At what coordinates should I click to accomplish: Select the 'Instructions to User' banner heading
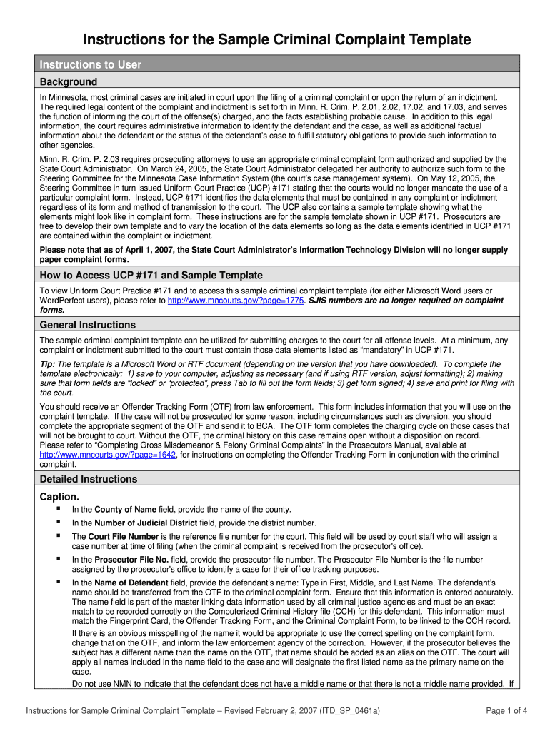(91, 64)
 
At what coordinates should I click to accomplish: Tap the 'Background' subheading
(69, 81)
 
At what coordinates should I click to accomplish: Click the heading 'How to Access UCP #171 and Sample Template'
(151, 275)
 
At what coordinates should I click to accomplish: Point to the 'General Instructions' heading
(88, 325)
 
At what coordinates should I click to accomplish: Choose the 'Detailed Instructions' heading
(89, 479)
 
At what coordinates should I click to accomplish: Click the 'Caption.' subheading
(59, 495)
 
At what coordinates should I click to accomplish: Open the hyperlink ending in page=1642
(108, 454)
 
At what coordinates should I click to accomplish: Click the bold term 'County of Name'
(125, 509)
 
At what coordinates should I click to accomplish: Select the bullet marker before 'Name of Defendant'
(56, 583)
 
